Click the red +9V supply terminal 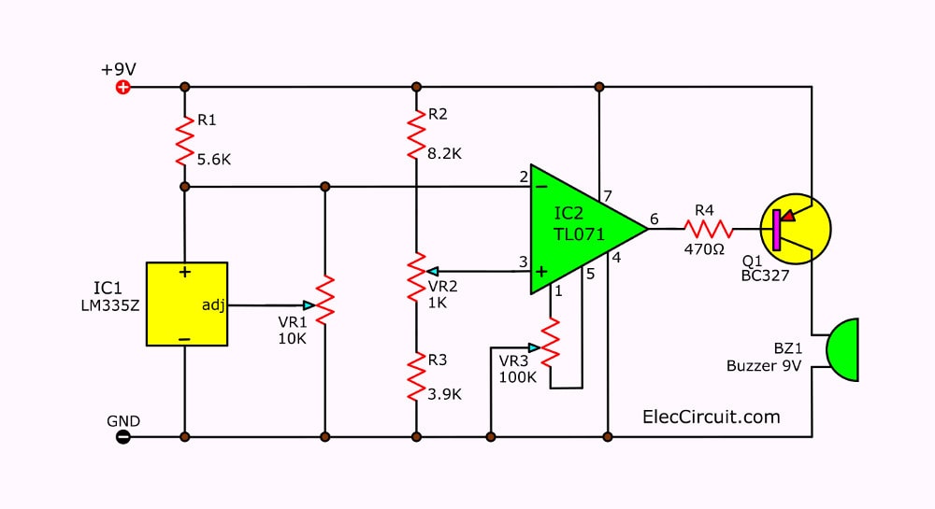click(122, 88)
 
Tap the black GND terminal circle click(122, 437)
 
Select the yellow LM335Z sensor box click(187, 304)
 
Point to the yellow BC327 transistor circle click(796, 229)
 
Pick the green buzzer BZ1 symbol click(842, 349)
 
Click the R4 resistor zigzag click(709, 229)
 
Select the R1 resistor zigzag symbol click(185, 140)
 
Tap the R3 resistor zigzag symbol click(416, 376)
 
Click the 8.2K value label click(444, 153)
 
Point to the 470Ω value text click(704, 249)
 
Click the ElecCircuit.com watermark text click(712, 417)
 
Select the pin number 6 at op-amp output click(654, 219)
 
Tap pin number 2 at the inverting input click(524, 177)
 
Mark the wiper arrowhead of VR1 click(309, 305)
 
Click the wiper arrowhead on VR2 click(433, 272)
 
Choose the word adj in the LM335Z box click(213, 305)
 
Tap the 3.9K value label click(444, 394)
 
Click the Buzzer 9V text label click(764, 365)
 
